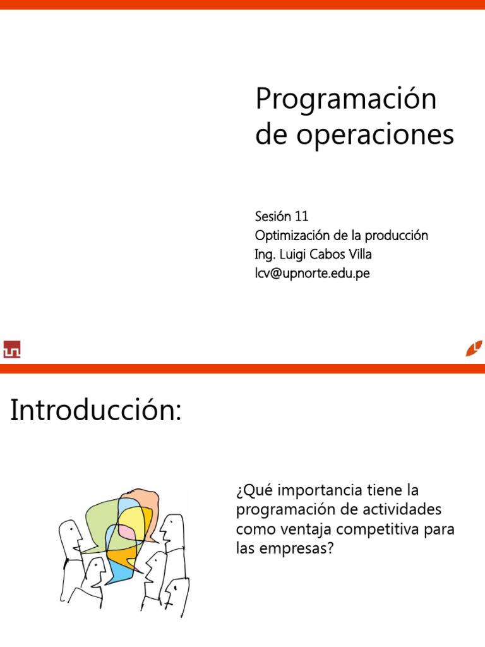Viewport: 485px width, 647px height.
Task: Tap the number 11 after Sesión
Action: click(301, 216)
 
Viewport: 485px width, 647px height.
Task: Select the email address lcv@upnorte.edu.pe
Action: click(312, 273)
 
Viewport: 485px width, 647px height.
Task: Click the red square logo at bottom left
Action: click(12, 349)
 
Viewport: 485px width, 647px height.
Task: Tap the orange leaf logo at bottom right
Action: click(474, 348)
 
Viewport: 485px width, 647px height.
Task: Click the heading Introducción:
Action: click(96, 410)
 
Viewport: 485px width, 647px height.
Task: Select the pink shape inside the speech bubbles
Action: click(126, 532)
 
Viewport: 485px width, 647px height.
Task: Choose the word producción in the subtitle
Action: click(397, 236)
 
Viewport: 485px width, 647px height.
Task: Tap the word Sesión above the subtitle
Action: click(273, 216)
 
